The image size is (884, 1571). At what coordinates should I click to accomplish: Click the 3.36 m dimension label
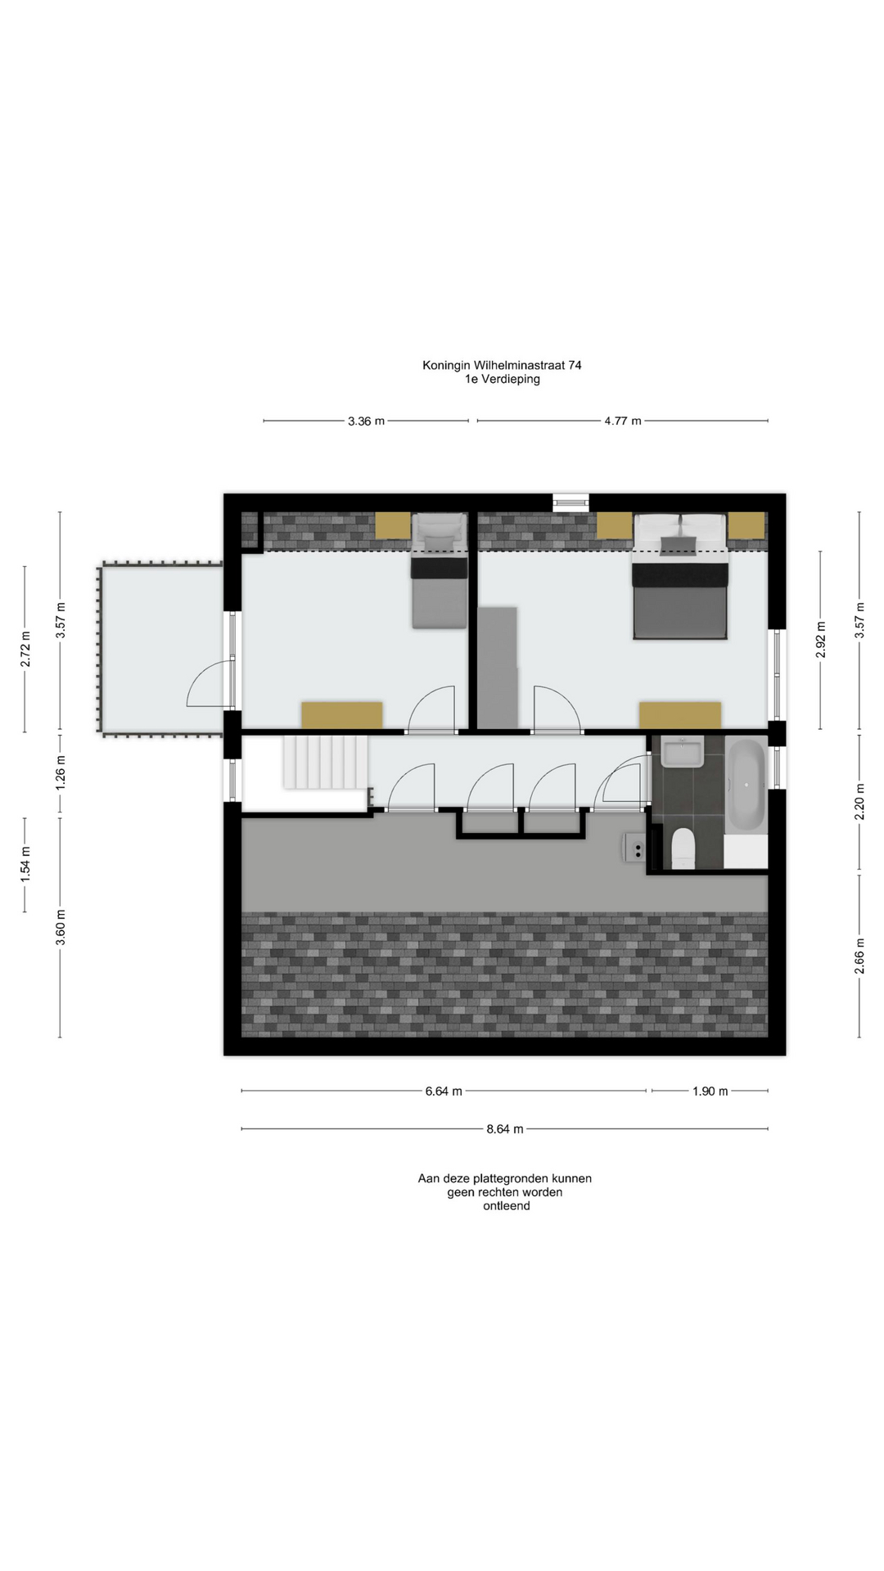click(x=366, y=421)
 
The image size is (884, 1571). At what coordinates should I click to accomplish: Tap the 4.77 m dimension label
click(x=623, y=421)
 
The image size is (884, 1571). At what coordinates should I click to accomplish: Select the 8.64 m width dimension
click(x=504, y=1129)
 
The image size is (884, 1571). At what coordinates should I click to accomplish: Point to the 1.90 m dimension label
click(x=710, y=1092)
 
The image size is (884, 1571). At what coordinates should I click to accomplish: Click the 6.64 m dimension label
click(x=444, y=1092)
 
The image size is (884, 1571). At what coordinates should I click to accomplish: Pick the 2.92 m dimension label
click(x=821, y=640)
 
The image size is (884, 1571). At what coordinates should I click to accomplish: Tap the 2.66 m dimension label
click(x=859, y=956)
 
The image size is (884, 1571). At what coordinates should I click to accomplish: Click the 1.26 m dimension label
click(x=60, y=773)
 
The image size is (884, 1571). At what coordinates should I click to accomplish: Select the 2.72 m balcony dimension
click(x=25, y=649)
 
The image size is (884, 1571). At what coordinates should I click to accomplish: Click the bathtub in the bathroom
click(x=746, y=785)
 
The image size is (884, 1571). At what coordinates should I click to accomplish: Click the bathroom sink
click(x=683, y=752)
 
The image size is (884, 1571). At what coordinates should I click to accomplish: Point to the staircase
click(x=325, y=762)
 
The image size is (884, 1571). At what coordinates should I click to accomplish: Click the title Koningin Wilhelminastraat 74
click(x=502, y=365)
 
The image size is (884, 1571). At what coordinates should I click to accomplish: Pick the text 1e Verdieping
click(x=502, y=379)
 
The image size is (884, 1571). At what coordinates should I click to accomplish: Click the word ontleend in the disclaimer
click(x=506, y=1206)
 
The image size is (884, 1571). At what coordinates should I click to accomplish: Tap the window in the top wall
click(x=571, y=502)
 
